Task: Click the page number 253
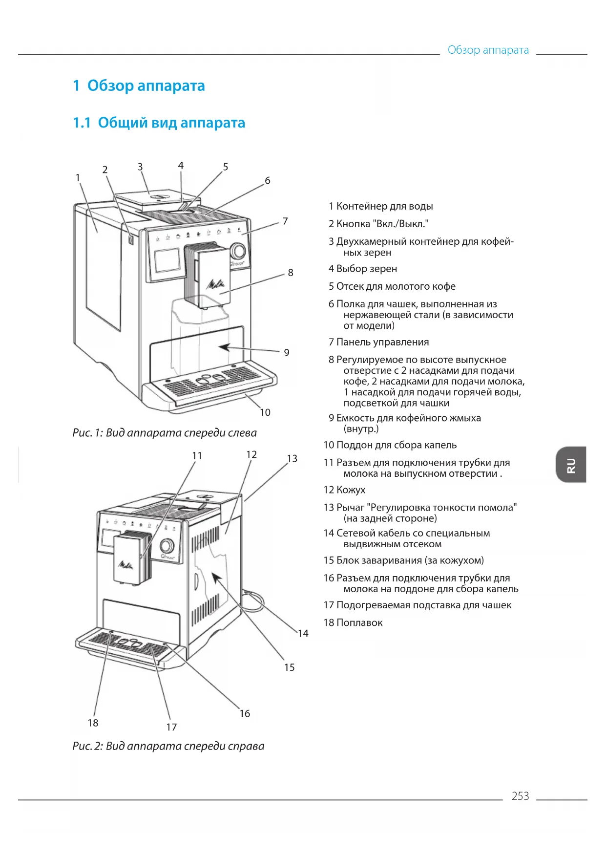click(x=520, y=796)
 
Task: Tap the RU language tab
click(x=571, y=465)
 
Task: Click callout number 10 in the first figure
click(x=265, y=412)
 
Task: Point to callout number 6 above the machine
click(x=268, y=181)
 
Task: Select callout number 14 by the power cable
click(x=303, y=634)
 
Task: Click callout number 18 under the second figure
click(x=93, y=723)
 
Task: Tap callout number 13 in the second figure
click(x=292, y=459)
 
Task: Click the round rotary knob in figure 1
click(x=238, y=251)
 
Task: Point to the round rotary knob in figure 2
click(x=167, y=546)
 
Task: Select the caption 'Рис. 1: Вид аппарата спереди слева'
click(x=165, y=433)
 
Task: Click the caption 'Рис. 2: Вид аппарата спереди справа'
click(x=168, y=746)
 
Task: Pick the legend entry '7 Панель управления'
click(x=379, y=343)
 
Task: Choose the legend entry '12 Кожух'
click(x=344, y=490)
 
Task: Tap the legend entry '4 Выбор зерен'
click(x=363, y=269)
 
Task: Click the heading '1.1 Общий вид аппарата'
click(x=159, y=123)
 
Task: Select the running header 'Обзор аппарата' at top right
click(x=488, y=50)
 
